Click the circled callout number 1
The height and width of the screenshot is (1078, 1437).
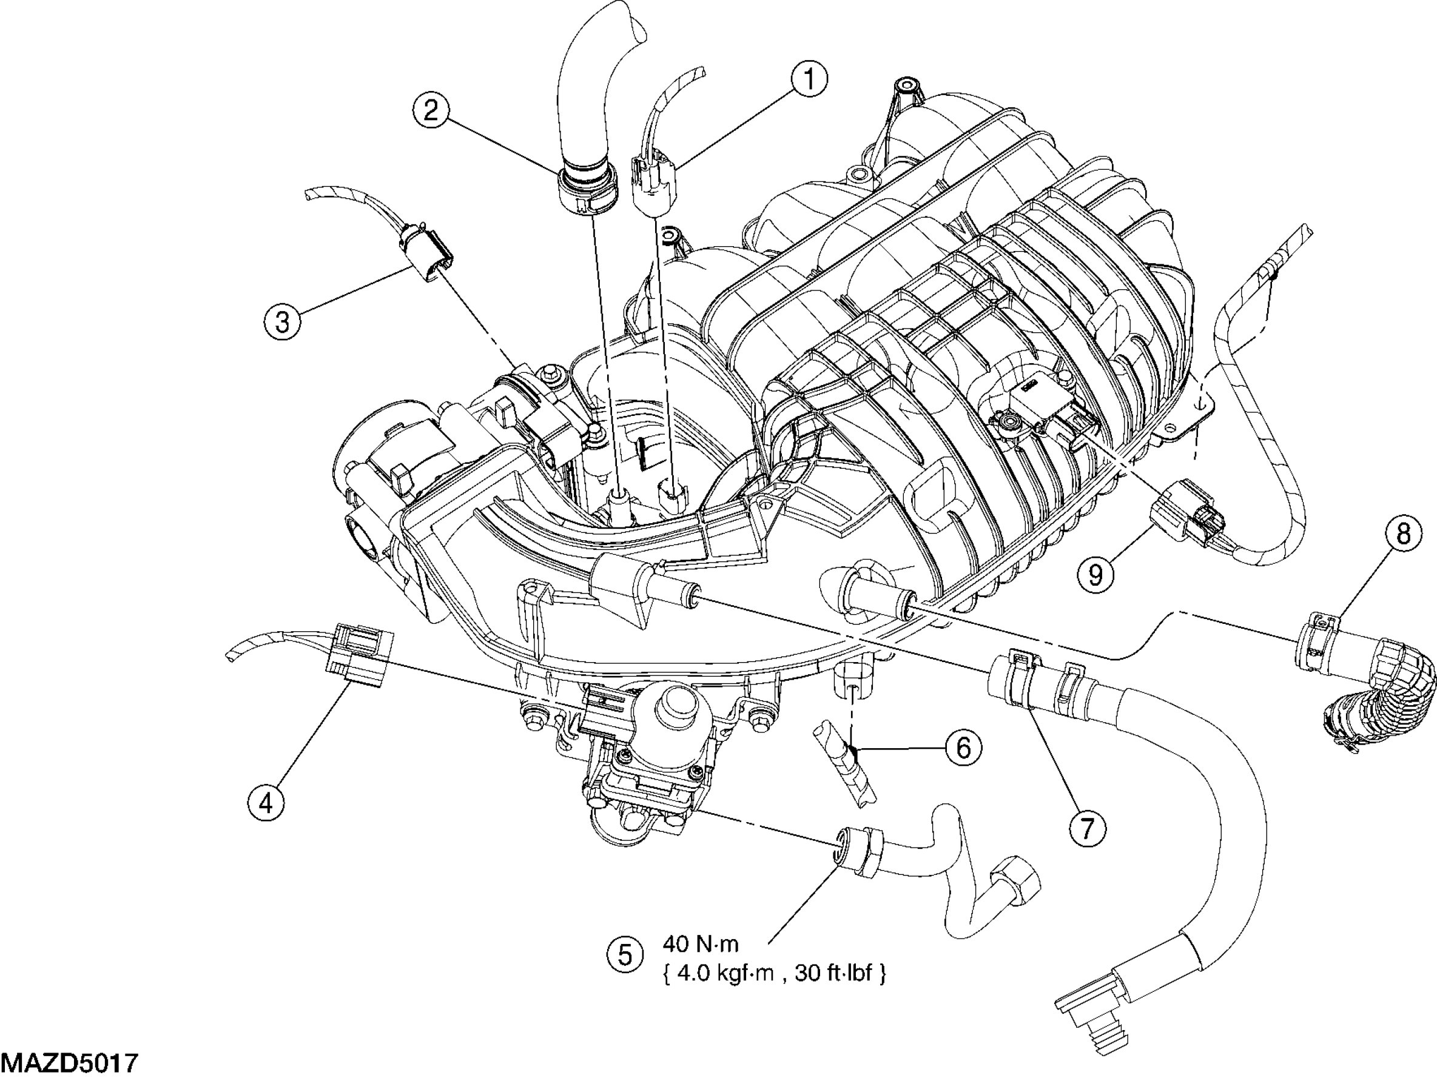click(x=809, y=80)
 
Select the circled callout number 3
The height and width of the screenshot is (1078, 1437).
click(x=282, y=321)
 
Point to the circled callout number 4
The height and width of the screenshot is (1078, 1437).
click(x=266, y=803)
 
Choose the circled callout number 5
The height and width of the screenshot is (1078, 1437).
click(x=624, y=954)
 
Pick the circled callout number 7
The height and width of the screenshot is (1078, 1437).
click(x=1088, y=828)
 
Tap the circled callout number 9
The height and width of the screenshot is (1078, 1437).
click(x=1095, y=574)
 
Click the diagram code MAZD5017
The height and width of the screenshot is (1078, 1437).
click(x=70, y=1063)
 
